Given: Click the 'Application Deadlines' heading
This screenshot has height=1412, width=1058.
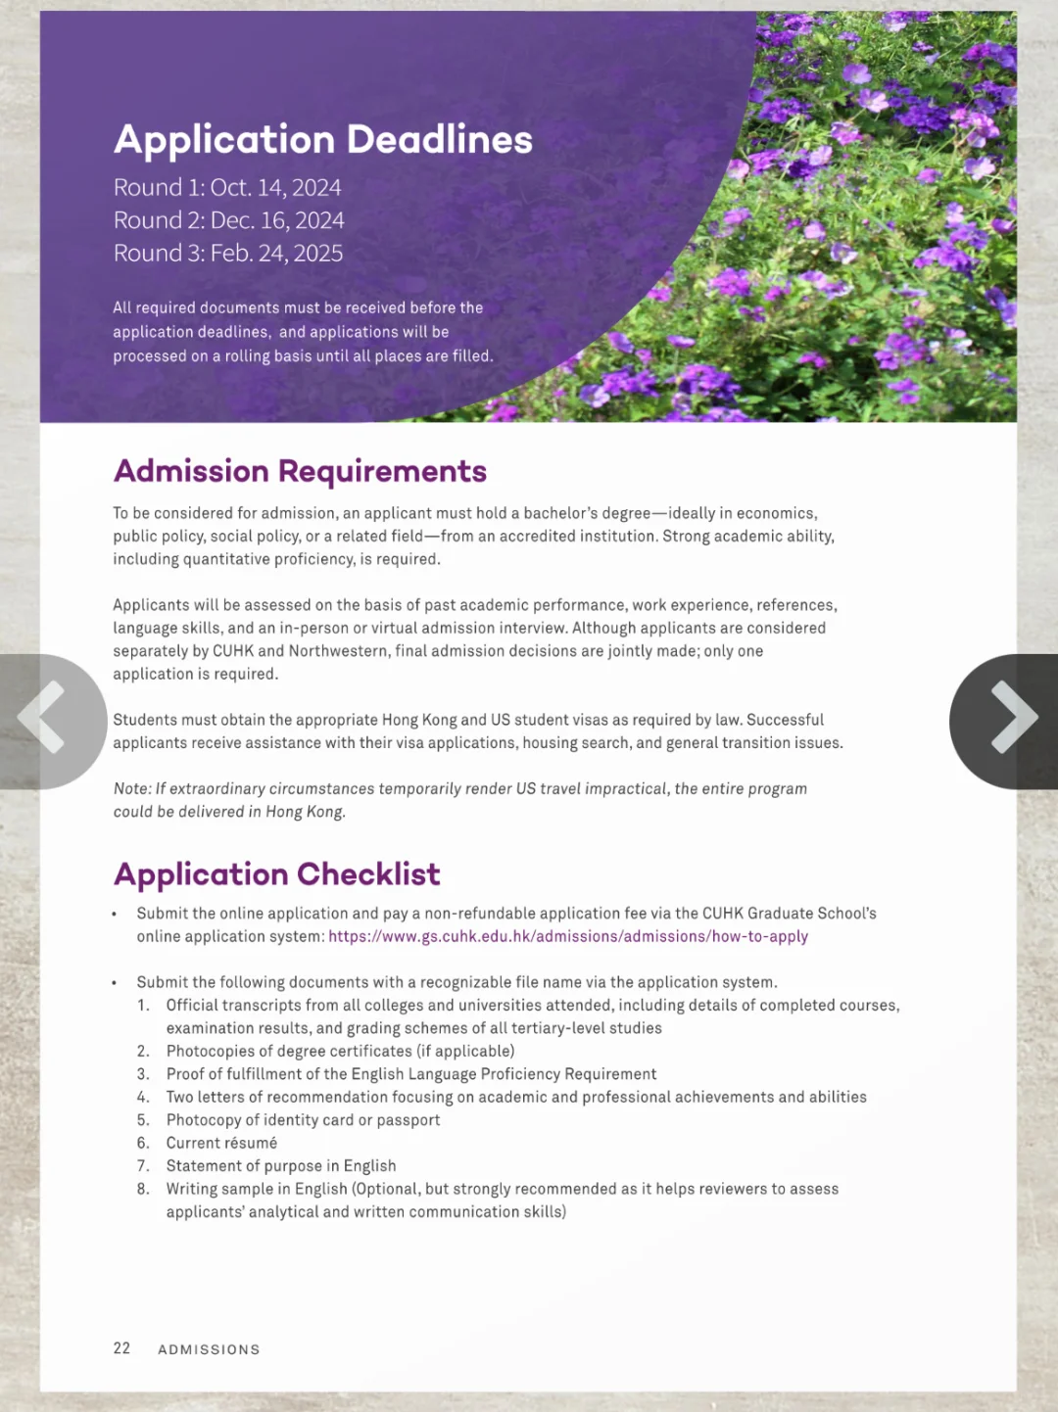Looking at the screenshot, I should tap(322, 140).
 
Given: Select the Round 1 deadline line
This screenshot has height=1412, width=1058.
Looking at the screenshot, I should tap(227, 188).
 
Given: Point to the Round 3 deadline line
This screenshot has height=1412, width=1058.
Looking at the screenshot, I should tap(228, 254).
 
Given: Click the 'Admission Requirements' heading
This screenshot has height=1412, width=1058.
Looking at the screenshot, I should tap(300, 471).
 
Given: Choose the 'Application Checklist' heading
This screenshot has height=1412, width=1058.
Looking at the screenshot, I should tap(276, 873).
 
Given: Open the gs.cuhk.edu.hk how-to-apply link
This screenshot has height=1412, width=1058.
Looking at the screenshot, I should tap(568, 937).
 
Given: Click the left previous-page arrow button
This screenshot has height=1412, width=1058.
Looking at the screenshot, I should tap(44, 719).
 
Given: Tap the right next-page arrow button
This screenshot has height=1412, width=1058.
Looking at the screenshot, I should tap(1011, 719).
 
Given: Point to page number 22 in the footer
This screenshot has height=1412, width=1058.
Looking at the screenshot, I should tap(121, 1348).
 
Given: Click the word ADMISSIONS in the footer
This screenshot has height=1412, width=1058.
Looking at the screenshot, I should tap(209, 1349).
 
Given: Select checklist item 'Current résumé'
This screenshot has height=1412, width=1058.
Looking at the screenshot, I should tap(221, 1144).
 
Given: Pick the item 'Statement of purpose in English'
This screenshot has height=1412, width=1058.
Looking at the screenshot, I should tap(281, 1166).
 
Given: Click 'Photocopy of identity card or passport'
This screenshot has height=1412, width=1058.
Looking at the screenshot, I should tap(303, 1120).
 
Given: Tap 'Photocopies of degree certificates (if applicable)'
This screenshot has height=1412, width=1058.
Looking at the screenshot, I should tap(340, 1052).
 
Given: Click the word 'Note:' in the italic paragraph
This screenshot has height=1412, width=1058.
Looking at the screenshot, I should tap(132, 789).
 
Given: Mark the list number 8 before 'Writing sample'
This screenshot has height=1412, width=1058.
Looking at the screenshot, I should tap(143, 1190).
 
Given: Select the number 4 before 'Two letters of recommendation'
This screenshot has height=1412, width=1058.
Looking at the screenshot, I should tap(143, 1098).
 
